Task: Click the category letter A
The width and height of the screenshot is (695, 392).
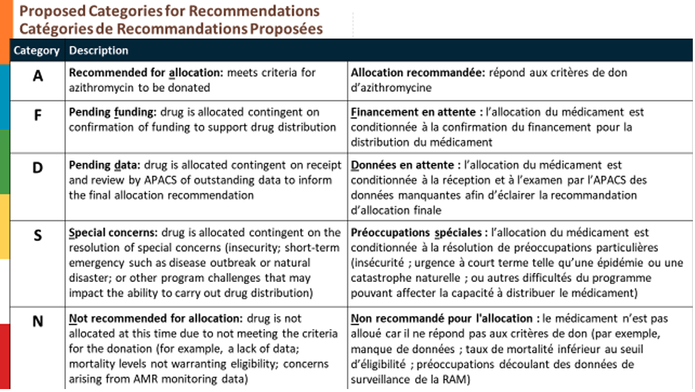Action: click(x=38, y=76)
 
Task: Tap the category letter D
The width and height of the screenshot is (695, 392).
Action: click(x=38, y=168)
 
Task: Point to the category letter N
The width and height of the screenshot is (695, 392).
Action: click(x=38, y=322)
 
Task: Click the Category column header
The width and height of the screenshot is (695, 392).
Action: click(x=36, y=51)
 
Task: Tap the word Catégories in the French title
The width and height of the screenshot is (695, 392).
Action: click(x=59, y=29)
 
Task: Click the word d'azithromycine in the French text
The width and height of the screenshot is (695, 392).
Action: click(x=390, y=87)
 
